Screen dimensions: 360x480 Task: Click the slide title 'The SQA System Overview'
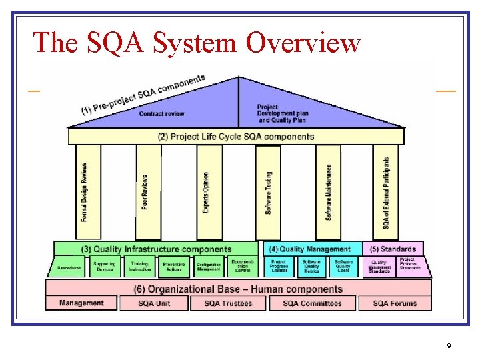pyautogui.click(x=197, y=42)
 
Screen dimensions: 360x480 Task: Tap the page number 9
pyautogui.click(x=449, y=346)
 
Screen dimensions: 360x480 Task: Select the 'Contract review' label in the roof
pyautogui.click(x=161, y=114)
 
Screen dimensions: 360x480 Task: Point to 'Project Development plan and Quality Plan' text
pyautogui.click(x=283, y=113)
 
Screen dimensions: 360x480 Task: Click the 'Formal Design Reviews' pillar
pyautogui.click(x=85, y=192)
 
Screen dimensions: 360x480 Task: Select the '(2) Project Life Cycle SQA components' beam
pyautogui.click(x=236, y=137)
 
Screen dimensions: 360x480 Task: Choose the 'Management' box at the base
pyautogui.click(x=81, y=303)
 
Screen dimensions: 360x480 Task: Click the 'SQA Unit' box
pyautogui.click(x=154, y=303)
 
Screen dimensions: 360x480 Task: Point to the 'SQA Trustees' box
pyautogui.click(x=229, y=303)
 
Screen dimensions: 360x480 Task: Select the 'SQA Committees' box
pyautogui.click(x=312, y=303)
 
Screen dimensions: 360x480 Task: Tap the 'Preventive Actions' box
pyautogui.click(x=174, y=267)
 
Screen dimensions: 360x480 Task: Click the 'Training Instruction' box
pyautogui.click(x=139, y=267)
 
